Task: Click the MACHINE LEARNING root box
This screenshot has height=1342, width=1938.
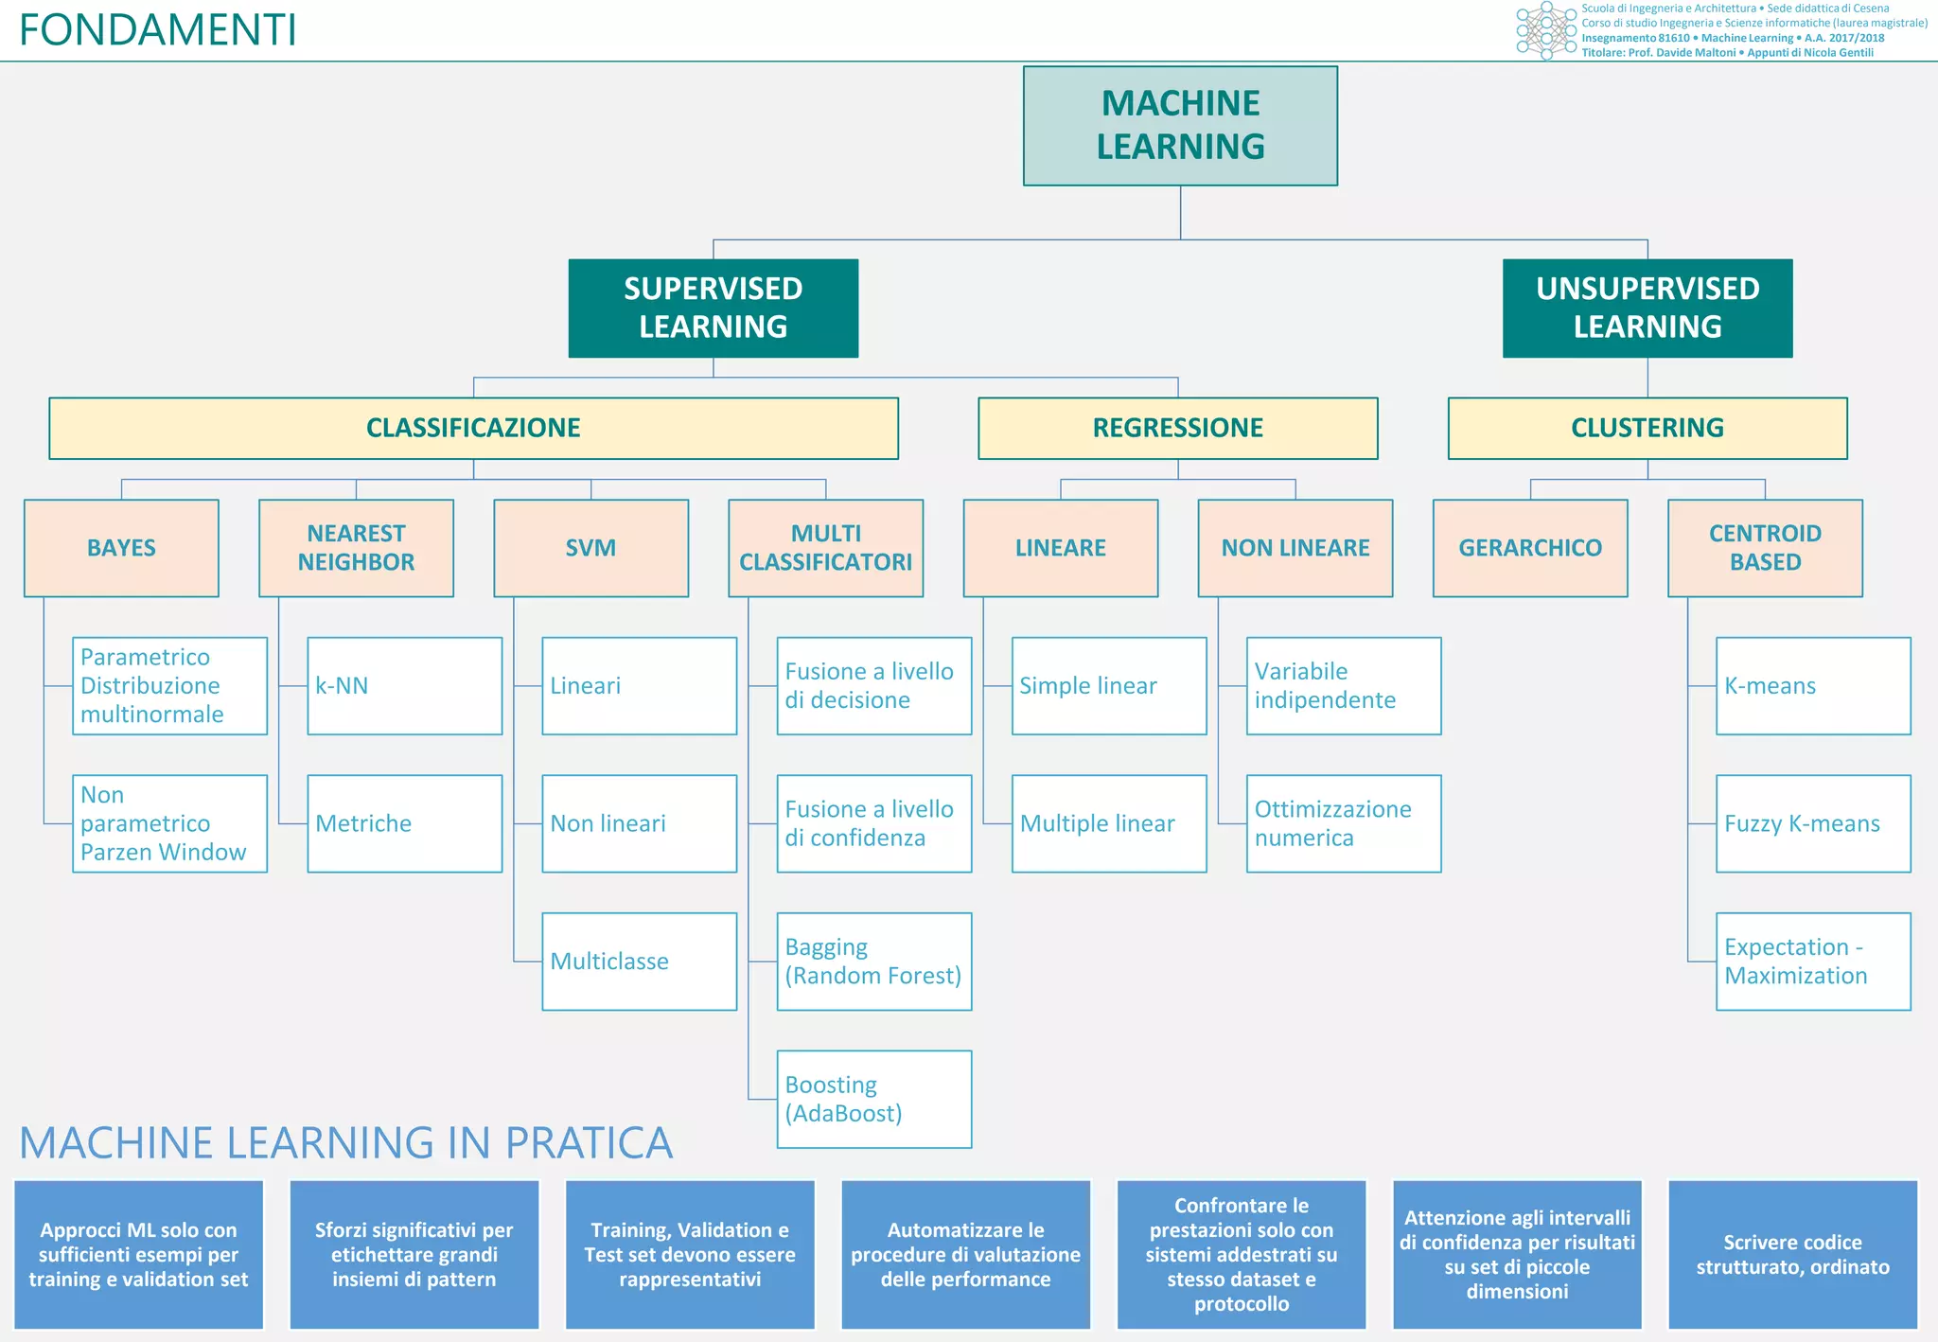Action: pos(1180,126)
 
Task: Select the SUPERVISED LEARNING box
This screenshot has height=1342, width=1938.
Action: pos(713,308)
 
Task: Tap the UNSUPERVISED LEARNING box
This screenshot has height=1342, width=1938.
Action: pos(1647,308)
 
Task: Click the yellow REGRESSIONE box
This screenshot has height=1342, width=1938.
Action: pos(1177,428)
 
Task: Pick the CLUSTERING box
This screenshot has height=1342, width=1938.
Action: pos(1647,428)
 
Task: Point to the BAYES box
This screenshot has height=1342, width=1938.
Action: pos(121,548)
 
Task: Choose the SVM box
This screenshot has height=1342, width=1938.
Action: pos(590,548)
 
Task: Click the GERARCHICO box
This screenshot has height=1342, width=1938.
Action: pos(1529,548)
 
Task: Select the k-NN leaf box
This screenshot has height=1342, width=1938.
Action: pos(404,686)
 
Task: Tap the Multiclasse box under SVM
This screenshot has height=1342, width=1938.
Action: pos(639,962)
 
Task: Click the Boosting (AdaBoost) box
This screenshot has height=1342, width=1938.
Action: pos(873,1099)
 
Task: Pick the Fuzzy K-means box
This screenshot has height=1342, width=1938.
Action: pos(1812,823)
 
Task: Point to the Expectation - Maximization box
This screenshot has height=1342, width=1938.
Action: pos(1812,962)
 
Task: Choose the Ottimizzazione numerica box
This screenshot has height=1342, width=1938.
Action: pos(1343,823)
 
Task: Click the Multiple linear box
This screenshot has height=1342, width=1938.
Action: pos(1108,823)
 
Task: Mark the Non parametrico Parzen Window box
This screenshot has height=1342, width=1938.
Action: pos(169,823)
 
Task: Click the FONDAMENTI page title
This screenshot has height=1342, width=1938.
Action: pos(157,30)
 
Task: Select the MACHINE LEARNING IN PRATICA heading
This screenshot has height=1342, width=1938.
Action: pos(345,1142)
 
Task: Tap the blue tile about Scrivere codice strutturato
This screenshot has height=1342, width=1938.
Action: pos(1791,1254)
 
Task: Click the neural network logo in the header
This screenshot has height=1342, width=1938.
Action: pos(1546,30)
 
